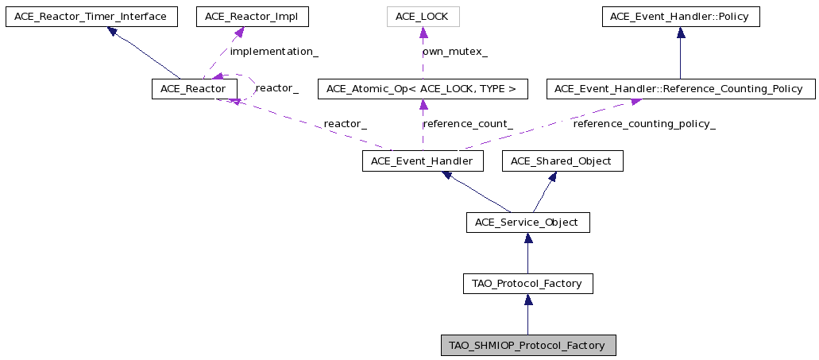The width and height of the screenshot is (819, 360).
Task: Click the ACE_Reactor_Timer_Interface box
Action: tap(91, 17)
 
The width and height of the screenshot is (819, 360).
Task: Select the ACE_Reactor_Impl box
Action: tap(253, 17)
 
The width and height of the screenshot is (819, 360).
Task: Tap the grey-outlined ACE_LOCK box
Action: tap(423, 17)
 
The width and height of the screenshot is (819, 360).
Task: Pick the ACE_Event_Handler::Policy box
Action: tap(681, 17)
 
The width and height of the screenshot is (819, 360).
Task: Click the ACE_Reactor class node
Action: tap(195, 89)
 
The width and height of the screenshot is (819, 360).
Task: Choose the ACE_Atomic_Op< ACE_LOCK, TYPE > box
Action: tap(423, 89)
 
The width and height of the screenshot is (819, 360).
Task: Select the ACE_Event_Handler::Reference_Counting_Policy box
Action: tap(681, 89)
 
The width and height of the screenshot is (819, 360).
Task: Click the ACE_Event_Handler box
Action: tap(423, 161)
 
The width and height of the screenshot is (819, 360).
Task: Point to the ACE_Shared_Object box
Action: tap(562, 161)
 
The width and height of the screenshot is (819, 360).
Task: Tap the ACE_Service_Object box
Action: tap(528, 223)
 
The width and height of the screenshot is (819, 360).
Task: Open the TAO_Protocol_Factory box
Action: tap(528, 284)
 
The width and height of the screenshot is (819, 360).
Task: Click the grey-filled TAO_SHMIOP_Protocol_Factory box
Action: tap(528, 346)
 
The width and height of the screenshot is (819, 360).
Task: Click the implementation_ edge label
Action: tap(274, 52)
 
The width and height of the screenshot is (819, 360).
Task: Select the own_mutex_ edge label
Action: tap(455, 52)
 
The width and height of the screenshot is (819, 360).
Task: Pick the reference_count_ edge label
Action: tap(467, 124)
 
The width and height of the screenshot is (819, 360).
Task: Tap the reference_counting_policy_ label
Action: tap(644, 124)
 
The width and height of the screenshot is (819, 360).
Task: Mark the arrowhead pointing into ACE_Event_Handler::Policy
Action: tap(681, 33)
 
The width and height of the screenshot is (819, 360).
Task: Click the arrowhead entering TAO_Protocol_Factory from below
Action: tap(528, 300)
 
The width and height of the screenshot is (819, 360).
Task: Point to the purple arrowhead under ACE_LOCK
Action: tap(423, 33)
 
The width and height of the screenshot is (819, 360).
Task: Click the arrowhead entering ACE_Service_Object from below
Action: tap(528, 238)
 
